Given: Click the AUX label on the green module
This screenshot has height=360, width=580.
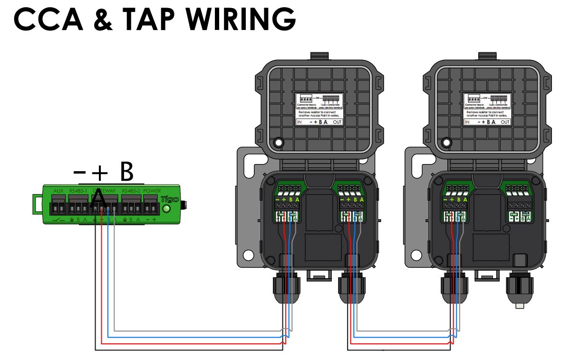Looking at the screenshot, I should [58, 191].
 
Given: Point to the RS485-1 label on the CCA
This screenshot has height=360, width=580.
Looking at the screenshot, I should [78, 191].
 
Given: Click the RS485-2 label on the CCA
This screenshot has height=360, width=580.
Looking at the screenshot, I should [131, 191].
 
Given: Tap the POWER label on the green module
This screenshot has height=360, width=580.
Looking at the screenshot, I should [152, 191].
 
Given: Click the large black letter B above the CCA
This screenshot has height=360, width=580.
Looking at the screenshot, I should [126, 172].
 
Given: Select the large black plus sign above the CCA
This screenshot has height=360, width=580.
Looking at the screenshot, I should [100, 174].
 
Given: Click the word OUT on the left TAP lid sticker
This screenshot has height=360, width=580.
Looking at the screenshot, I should [337, 122].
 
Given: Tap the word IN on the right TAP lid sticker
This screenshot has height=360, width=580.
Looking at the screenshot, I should [467, 122].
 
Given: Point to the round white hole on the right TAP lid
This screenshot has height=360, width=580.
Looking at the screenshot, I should [446, 142].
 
